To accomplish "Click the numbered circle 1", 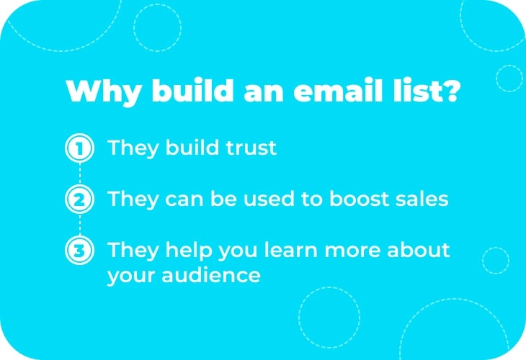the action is (x=79, y=148).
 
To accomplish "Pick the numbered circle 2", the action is (x=79, y=199).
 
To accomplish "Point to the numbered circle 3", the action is (x=79, y=250).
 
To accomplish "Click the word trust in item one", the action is (x=251, y=148).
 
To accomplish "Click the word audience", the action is (x=211, y=275).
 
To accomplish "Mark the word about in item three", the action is (x=419, y=250).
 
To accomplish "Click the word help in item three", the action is (x=189, y=251).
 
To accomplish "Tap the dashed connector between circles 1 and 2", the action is (x=80, y=174).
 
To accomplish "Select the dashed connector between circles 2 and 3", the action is (x=80, y=225).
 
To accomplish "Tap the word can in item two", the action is (x=184, y=200).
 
